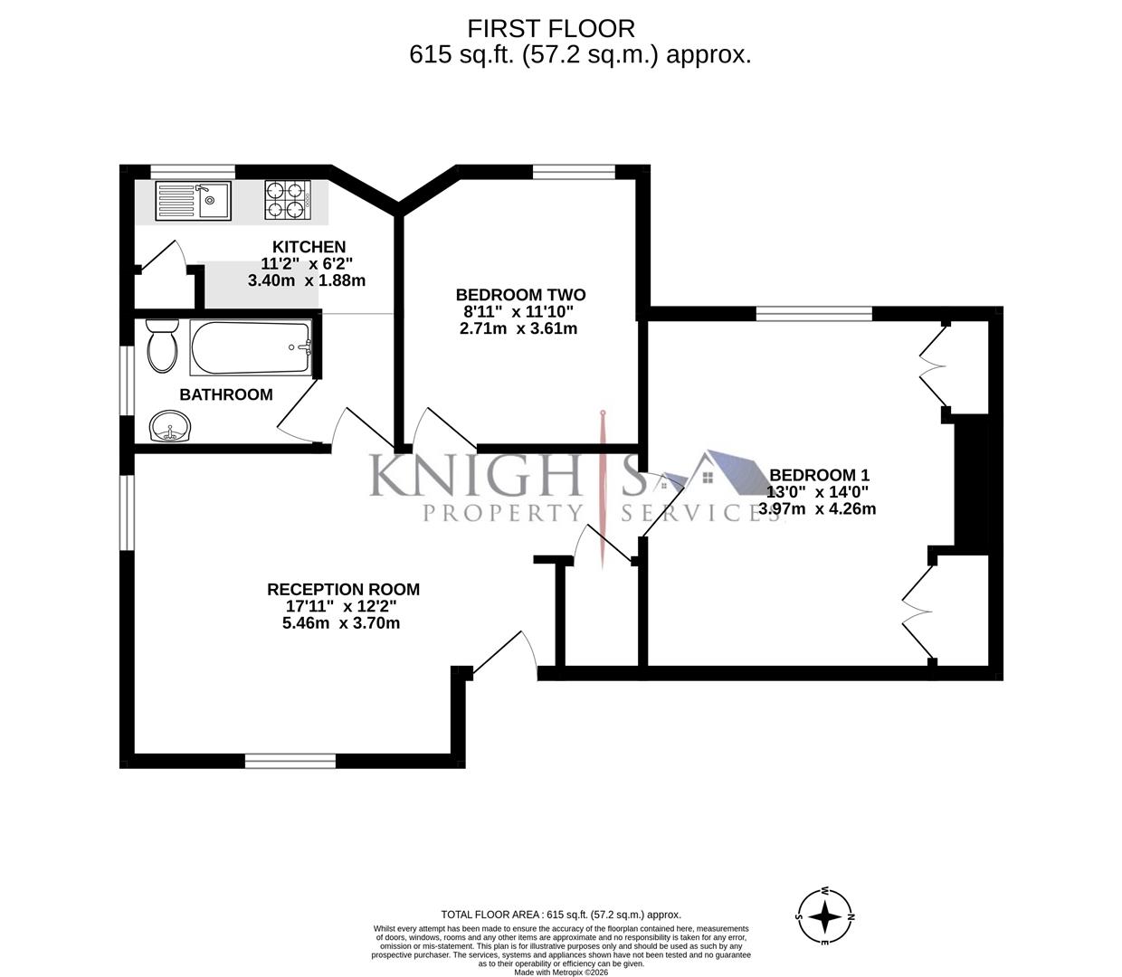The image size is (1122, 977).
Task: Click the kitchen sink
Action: [x=194, y=201]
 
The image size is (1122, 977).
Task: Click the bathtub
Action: [x=251, y=347]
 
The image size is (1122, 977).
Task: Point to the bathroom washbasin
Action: [x=169, y=425]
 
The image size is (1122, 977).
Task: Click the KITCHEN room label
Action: [x=309, y=247]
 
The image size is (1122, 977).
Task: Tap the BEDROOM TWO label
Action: [x=520, y=295]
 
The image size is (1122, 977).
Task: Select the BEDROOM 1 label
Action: [x=818, y=475]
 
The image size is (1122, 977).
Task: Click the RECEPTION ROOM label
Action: [x=343, y=590]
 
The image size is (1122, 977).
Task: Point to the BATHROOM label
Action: [x=226, y=394]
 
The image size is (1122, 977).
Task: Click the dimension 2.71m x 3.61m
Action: [x=518, y=328]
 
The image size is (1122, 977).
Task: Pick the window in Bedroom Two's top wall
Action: [x=574, y=170]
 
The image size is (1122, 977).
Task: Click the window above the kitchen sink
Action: [x=193, y=170]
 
